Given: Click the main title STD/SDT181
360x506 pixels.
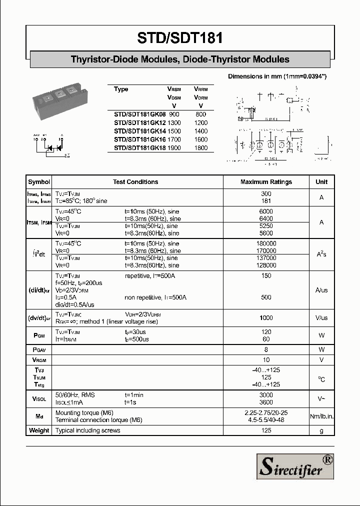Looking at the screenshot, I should [179, 37].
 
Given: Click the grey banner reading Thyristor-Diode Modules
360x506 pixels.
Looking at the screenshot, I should [180, 59].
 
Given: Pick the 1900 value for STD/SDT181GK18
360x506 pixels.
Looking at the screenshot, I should [175, 148].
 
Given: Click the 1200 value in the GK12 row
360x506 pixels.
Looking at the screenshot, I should [200, 122].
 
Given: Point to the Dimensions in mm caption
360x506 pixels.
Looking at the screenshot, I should [277, 76].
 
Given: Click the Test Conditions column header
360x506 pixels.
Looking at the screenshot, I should [135, 182].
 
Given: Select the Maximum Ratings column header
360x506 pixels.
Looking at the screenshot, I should [266, 182].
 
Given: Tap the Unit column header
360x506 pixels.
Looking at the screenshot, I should [321, 182].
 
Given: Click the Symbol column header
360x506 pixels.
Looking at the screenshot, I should [39, 182].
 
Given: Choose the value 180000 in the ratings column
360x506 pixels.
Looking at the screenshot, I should [266, 243].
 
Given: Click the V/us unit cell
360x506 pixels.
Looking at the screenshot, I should [321, 318].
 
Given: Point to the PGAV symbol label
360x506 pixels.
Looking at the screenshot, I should [39, 350].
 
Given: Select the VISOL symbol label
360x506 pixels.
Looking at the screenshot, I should [39, 399].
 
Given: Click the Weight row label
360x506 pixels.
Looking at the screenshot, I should [39, 430].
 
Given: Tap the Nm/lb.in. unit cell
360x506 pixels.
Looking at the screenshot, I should [321, 416].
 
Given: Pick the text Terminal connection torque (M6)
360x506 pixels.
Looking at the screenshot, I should [98, 420].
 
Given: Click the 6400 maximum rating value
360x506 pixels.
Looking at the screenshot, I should [266, 218].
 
